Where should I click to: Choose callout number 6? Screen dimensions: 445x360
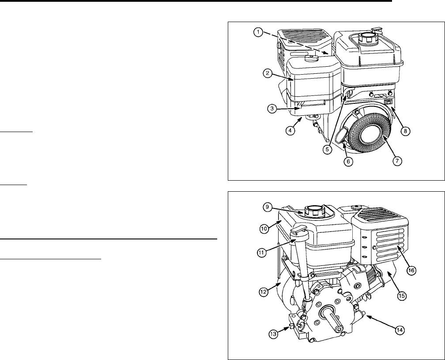click(x=348, y=162)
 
